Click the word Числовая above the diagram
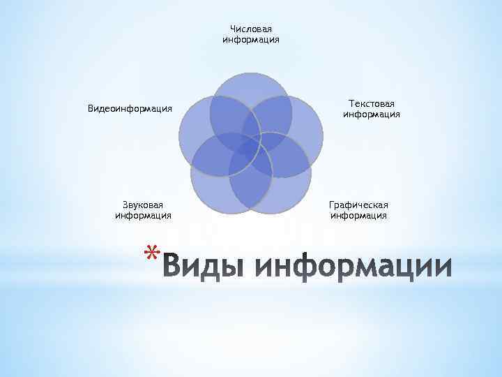pos(251,29)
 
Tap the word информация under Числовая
pos(251,40)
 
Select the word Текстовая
pos(372,103)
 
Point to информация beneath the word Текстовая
pos(372,114)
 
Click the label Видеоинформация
pos(130,109)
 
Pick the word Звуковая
pos(143,205)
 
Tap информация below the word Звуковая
pos(143,216)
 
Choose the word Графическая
pos(359,205)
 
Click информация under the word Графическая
pos(359,216)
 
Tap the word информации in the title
pos(353,267)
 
